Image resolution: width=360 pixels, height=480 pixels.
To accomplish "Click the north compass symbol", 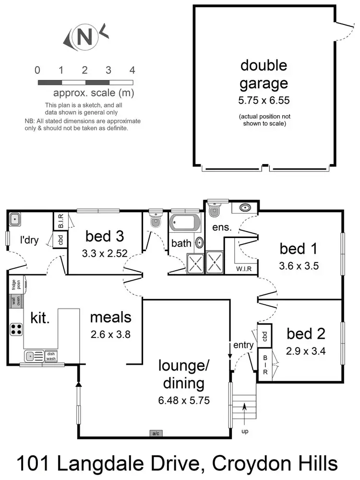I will click(x=84, y=38).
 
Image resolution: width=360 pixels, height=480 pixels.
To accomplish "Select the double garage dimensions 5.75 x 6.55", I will click(x=264, y=101).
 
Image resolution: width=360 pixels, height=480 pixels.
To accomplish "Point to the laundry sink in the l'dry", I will click(x=14, y=219).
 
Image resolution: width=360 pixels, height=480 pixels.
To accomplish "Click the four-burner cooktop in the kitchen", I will click(x=16, y=329).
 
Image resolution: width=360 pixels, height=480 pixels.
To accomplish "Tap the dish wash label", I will click(x=51, y=356).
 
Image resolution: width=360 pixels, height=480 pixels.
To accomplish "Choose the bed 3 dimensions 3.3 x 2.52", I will click(x=105, y=253).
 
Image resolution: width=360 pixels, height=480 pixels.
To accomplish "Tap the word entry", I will click(x=243, y=345).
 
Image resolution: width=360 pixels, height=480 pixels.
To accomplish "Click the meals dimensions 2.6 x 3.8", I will click(x=110, y=335).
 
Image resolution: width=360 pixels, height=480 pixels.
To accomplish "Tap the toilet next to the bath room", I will click(x=155, y=221).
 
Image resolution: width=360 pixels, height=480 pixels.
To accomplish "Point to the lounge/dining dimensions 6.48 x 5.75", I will click(x=185, y=400).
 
